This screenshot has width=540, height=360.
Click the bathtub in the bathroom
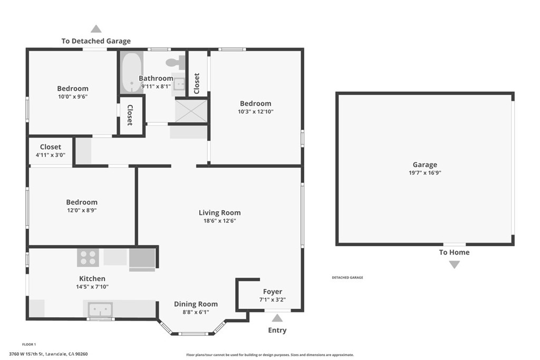[131, 72]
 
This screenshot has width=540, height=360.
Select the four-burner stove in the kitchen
[88, 257]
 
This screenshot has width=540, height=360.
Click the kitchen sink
[100, 309]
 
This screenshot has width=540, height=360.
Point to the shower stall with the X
[191, 111]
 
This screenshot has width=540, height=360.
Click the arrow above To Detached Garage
[96, 28]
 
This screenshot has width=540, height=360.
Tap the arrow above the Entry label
[277, 318]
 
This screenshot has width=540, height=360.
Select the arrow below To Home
[454, 265]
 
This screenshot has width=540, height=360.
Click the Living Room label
[219, 213]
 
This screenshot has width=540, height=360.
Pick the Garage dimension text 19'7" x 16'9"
[425, 173]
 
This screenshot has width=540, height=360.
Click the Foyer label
[273, 292]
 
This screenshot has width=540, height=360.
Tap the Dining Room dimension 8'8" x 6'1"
[196, 312]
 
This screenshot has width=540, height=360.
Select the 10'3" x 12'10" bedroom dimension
[256, 112]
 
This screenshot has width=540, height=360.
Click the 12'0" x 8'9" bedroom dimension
[82, 210]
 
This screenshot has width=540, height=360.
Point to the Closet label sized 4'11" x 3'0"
[50, 147]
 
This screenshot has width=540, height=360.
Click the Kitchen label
[92, 278]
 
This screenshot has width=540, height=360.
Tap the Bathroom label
[156, 79]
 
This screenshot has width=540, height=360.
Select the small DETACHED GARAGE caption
[348, 277]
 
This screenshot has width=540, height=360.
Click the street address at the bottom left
[48, 354]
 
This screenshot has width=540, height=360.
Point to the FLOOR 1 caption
[29, 344]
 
